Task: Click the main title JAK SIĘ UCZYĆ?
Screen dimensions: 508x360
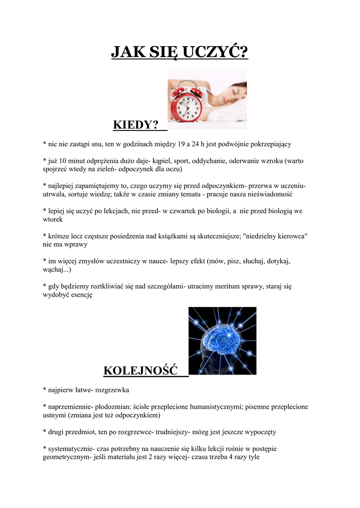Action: pos(179,52)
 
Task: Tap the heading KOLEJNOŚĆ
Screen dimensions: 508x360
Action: pos(141,371)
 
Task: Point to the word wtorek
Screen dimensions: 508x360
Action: pos(53,219)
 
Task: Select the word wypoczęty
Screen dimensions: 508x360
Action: pos(260,432)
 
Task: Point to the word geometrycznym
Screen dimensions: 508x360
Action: pos(66,457)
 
